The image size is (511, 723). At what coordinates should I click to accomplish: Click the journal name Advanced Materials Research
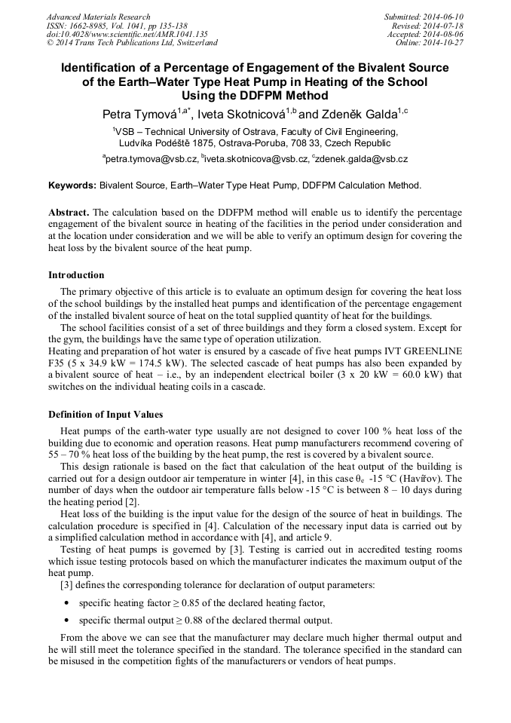pyautogui.click(x=98, y=17)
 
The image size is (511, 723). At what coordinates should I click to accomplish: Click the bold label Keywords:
pyautogui.click(x=72, y=185)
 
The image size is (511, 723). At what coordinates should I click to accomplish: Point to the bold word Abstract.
pyautogui.click(x=68, y=213)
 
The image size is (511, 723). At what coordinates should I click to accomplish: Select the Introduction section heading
pyautogui.click(x=76, y=274)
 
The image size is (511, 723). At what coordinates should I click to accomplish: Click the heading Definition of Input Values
pyautogui.click(x=105, y=414)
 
